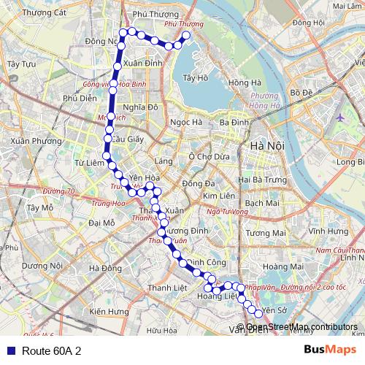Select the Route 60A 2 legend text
coord(52,351)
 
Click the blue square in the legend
coord(9,351)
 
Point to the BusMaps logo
coord(325,350)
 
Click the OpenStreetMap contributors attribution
coord(301,327)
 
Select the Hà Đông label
coord(105,269)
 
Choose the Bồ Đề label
coord(301,93)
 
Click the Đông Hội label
coord(308,23)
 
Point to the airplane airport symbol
coord(341,117)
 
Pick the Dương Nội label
coord(42,266)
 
